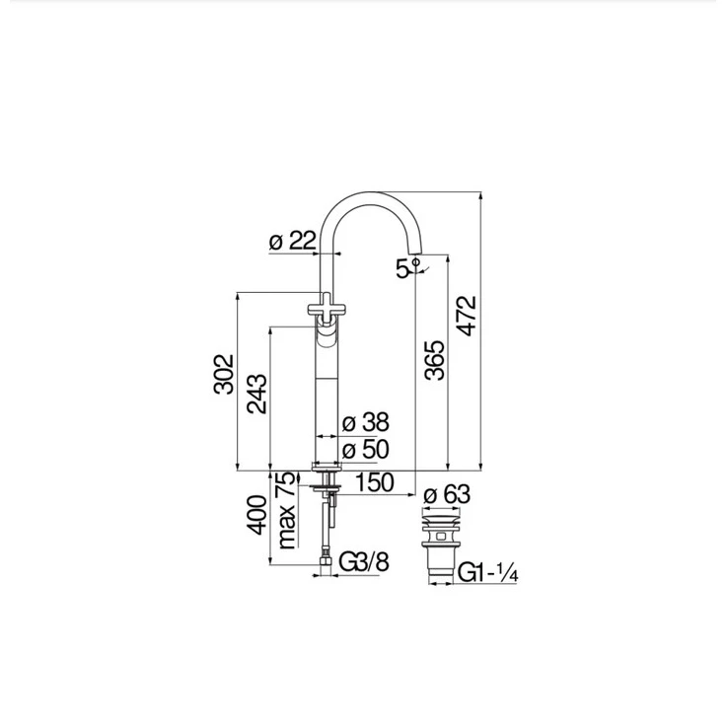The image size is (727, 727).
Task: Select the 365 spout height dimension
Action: click(434, 360)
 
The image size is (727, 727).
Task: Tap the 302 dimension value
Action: click(224, 374)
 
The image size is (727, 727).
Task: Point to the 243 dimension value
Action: click(256, 394)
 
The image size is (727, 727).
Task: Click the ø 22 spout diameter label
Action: click(293, 241)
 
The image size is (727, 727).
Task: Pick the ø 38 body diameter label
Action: click(365, 422)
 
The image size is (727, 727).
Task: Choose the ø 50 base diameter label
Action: click(365, 449)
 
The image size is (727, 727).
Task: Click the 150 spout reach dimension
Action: click(374, 482)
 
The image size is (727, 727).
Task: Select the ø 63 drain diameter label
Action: click(447, 494)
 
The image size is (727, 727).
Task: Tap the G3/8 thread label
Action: click(364, 562)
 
